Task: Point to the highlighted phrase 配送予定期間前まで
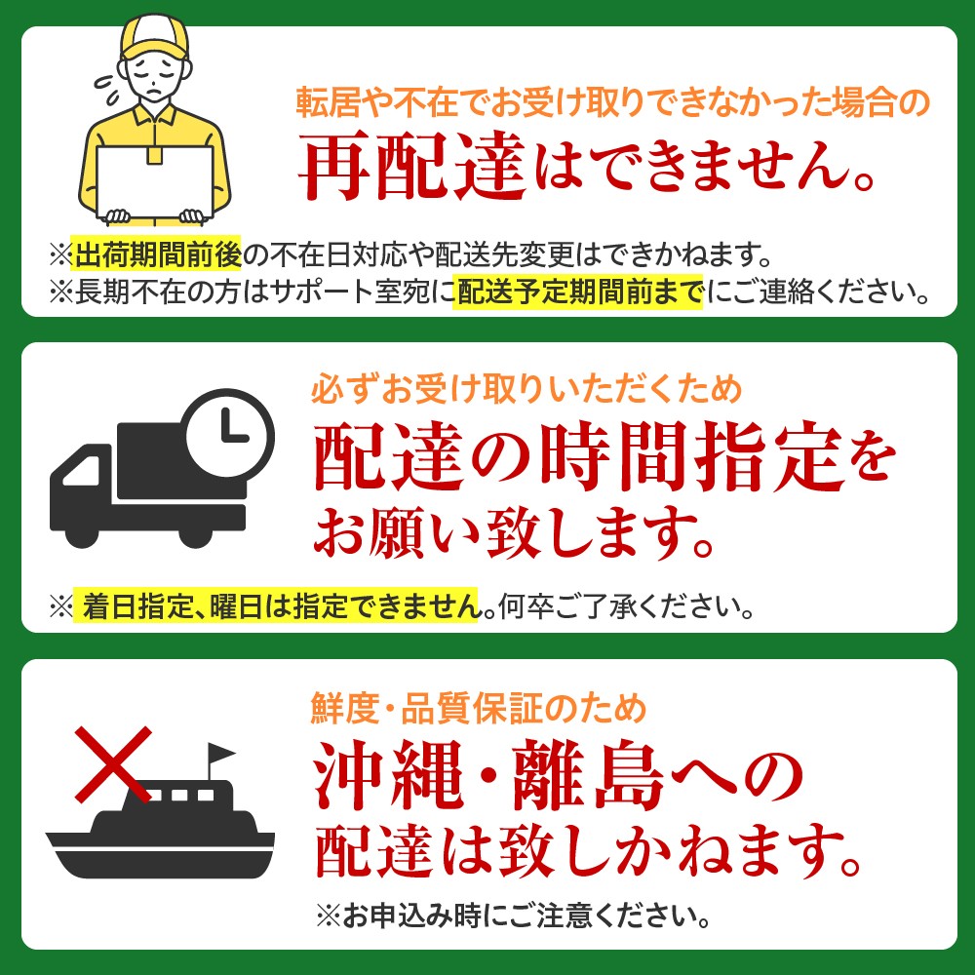tap(579, 291)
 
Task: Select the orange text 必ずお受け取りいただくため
tap(526, 391)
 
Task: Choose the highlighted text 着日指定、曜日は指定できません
tap(279, 607)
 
